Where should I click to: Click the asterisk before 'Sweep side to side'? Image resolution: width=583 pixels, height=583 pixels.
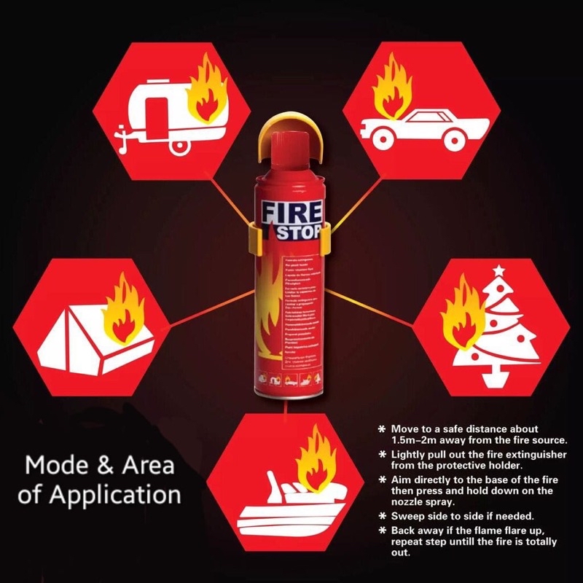click(x=383, y=514)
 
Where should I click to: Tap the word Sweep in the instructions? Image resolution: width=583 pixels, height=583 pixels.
click(x=408, y=514)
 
